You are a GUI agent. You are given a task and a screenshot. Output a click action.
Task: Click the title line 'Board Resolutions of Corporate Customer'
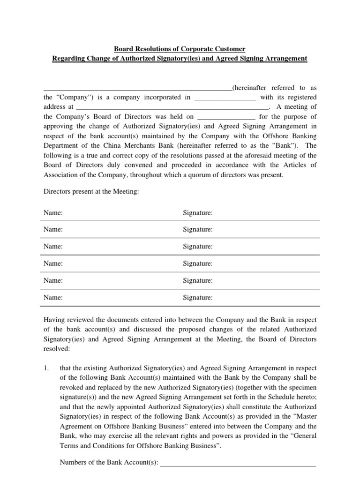pos(180,49)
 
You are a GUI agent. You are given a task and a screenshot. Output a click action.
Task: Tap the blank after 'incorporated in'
pos(225,98)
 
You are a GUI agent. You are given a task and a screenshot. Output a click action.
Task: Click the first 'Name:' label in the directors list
pos(53,213)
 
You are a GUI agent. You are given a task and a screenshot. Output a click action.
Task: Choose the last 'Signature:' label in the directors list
pos(197,297)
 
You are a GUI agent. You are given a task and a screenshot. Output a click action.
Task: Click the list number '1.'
pos(46,368)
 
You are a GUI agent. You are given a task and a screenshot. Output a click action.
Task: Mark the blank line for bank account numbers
pos(238,464)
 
